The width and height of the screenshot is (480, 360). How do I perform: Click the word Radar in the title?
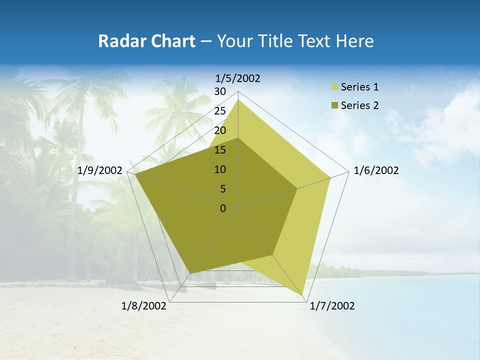point(118,41)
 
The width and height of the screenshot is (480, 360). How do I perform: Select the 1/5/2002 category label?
point(238,78)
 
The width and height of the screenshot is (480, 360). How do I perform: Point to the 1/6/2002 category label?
point(376,170)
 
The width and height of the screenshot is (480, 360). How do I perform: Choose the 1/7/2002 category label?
point(332,306)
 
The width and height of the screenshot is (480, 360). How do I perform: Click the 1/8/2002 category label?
point(144,306)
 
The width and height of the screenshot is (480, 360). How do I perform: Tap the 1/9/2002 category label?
point(100,170)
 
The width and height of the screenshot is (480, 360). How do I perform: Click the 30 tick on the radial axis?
point(220,91)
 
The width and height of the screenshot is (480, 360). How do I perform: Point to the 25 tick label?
point(220,111)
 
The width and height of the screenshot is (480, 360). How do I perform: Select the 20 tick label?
point(220,130)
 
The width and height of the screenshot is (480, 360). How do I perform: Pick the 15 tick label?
point(220,150)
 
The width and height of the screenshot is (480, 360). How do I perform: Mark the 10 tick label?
point(220,169)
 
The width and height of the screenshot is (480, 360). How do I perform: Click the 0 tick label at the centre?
point(223,208)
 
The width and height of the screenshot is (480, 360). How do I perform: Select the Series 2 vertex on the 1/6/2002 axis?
point(297,189)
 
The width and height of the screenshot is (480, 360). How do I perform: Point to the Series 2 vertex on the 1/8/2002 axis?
point(190,273)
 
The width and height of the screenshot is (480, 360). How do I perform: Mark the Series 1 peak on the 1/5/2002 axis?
point(238,99)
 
